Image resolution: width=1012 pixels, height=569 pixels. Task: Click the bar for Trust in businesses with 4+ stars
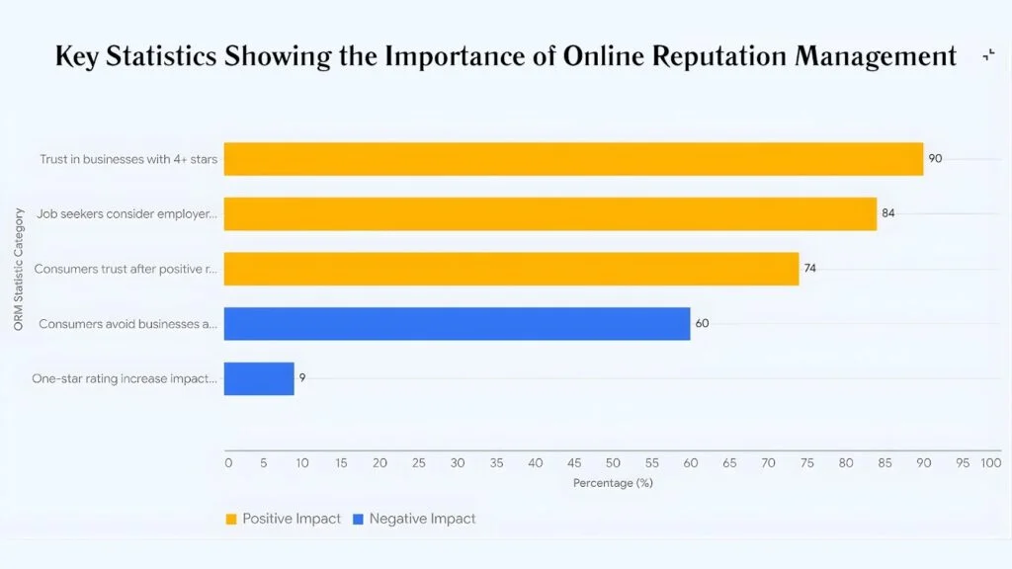[573, 158]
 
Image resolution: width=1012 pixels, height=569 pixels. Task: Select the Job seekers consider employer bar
[549, 213]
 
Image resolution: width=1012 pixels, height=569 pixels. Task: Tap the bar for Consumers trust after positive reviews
[511, 269]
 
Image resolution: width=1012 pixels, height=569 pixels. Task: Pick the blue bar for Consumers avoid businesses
[457, 323]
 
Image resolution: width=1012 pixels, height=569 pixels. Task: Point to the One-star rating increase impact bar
[259, 378]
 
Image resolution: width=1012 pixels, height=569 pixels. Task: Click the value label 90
[935, 158]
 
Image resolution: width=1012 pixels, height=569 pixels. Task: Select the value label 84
[887, 213]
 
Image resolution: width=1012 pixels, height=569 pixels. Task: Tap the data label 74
[810, 269]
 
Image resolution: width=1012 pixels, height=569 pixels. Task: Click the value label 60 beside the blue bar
[702, 323]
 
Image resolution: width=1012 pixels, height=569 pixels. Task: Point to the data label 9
[302, 378]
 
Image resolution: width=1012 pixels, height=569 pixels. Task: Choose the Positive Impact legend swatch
[232, 519]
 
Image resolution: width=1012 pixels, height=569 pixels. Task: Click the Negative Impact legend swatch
[359, 519]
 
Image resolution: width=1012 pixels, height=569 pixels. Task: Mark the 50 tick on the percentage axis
[613, 462]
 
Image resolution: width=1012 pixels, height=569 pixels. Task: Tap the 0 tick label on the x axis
[227, 462]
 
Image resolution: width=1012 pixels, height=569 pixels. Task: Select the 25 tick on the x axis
[419, 462]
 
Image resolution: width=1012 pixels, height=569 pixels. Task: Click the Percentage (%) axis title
[613, 483]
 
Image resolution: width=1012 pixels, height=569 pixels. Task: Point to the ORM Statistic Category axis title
[19, 267]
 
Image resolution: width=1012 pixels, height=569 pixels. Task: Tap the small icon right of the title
[988, 56]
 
